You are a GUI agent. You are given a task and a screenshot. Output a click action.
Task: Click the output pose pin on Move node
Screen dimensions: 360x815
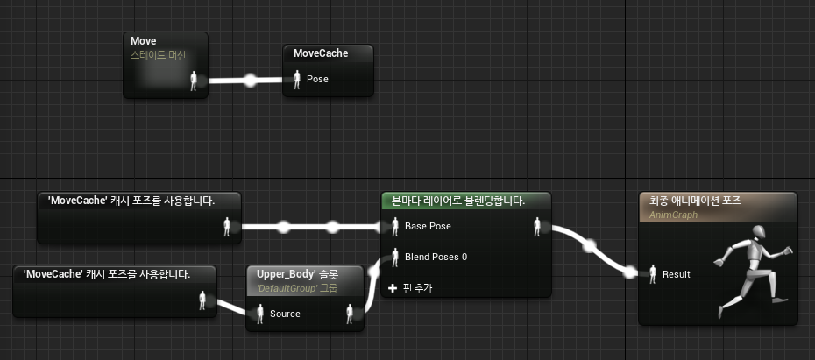(x=195, y=81)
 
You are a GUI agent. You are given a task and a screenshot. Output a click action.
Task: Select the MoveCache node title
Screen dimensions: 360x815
(x=321, y=53)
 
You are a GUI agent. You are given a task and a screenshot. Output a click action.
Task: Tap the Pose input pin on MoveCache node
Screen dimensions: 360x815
(x=297, y=80)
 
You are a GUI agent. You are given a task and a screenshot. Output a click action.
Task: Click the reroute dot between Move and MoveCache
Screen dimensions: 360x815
(x=250, y=81)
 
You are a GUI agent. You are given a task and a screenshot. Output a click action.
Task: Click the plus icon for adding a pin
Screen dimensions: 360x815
(x=393, y=287)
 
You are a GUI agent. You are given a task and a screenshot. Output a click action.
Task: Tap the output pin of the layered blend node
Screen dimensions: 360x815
(x=537, y=227)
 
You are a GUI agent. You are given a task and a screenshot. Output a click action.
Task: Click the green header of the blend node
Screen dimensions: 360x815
(x=464, y=201)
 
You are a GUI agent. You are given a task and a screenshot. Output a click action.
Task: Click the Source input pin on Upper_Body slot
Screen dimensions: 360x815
(x=259, y=314)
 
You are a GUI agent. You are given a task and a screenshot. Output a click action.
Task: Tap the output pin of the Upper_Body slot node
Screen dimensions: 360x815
(x=351, y=314)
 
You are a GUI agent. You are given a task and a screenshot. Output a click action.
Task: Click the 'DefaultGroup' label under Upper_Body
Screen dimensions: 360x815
(x=286, y=288)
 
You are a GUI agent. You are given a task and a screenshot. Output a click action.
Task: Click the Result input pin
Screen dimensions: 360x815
(x=651, y=274)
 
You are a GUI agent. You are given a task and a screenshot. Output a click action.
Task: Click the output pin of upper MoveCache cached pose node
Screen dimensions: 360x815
(x=228, y=227)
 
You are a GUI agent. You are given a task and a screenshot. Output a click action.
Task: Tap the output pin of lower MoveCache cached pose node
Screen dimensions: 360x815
(x=203, y=300)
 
